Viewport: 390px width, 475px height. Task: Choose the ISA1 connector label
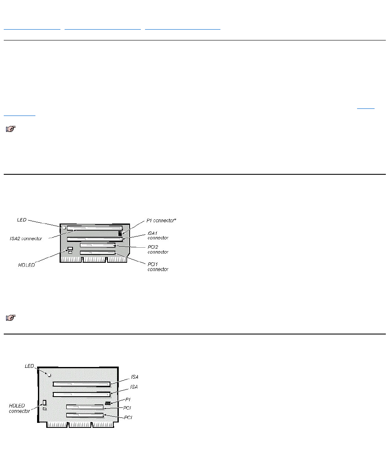(158, 235)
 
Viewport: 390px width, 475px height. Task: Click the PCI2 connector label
(158, 249)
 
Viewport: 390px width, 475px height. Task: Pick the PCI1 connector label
(158, 266)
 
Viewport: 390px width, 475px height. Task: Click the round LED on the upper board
(64, 228)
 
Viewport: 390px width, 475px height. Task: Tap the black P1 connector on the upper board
(120, 234)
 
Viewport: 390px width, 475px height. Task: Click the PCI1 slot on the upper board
(97, 253)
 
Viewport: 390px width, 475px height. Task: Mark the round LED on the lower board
(49, 375)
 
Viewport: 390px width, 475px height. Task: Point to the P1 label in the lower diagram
(128, 399)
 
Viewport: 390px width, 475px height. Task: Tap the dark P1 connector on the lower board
(108, 404)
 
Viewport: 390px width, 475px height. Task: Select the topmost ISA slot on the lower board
(81, 384)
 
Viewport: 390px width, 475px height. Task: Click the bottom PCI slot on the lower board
(85, 415)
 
